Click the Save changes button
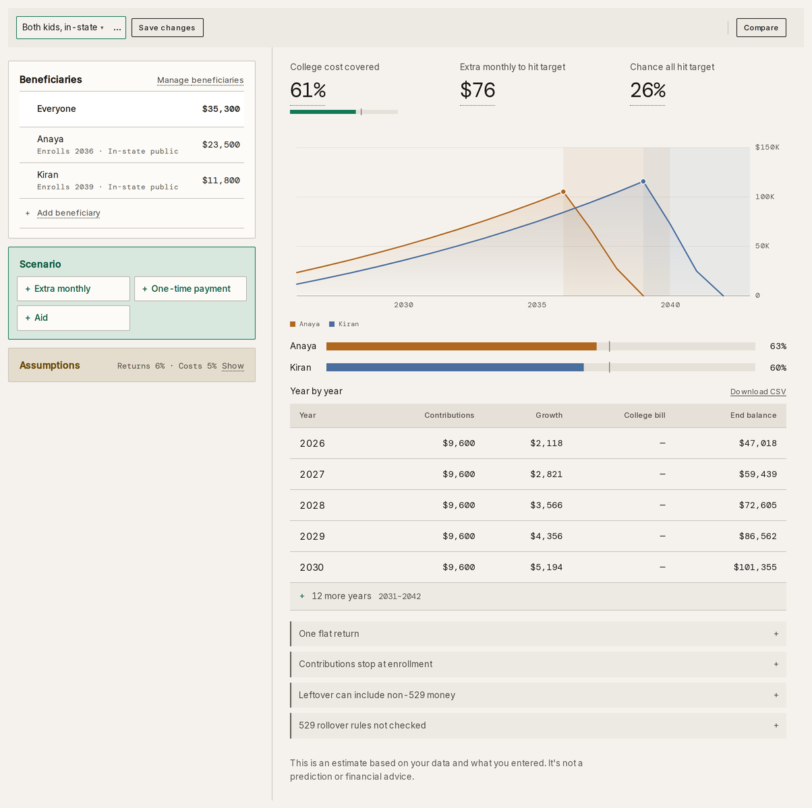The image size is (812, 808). (167, 28)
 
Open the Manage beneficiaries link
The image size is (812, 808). (200, 80)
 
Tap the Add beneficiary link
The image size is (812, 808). (68, 213)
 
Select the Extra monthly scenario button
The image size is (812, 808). (74, 289)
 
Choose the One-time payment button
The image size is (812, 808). (190, 289)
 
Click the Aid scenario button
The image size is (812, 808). (74, 318)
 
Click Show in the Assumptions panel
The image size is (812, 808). (233, 366)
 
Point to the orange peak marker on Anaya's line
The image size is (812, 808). (563, 192)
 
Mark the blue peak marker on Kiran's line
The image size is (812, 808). (643, 181)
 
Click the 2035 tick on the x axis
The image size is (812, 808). (537, 305)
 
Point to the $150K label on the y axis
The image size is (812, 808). (767, 148)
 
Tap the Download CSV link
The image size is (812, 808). (758, 392)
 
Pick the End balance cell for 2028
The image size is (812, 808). (757, 505)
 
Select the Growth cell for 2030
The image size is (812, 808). (546, 567)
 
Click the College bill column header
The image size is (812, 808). (644, 415)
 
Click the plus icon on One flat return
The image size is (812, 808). (776, 633)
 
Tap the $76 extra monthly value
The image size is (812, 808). (477, 90)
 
